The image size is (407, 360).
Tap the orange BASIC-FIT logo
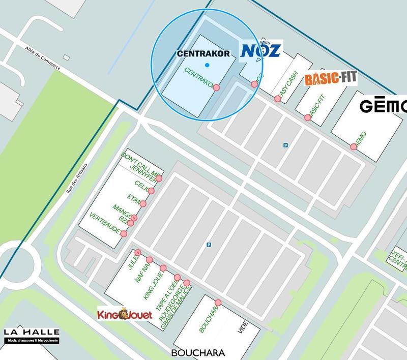tap(331, 79)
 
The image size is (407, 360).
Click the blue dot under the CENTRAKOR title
tap(207, 65)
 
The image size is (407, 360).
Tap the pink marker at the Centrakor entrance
tap(216, 87)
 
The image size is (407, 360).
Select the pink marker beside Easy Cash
tap(277, 99)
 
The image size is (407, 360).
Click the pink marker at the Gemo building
tap(353, 147)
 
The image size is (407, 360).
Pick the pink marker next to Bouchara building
tap(218, 303)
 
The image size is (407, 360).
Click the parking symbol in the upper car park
tap(285, 145)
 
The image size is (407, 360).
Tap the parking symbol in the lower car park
tap(209, 245)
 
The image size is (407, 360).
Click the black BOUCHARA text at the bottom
tap(198, 352)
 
